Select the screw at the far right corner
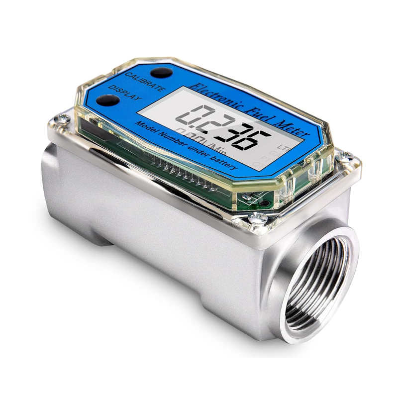click(350, 157)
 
